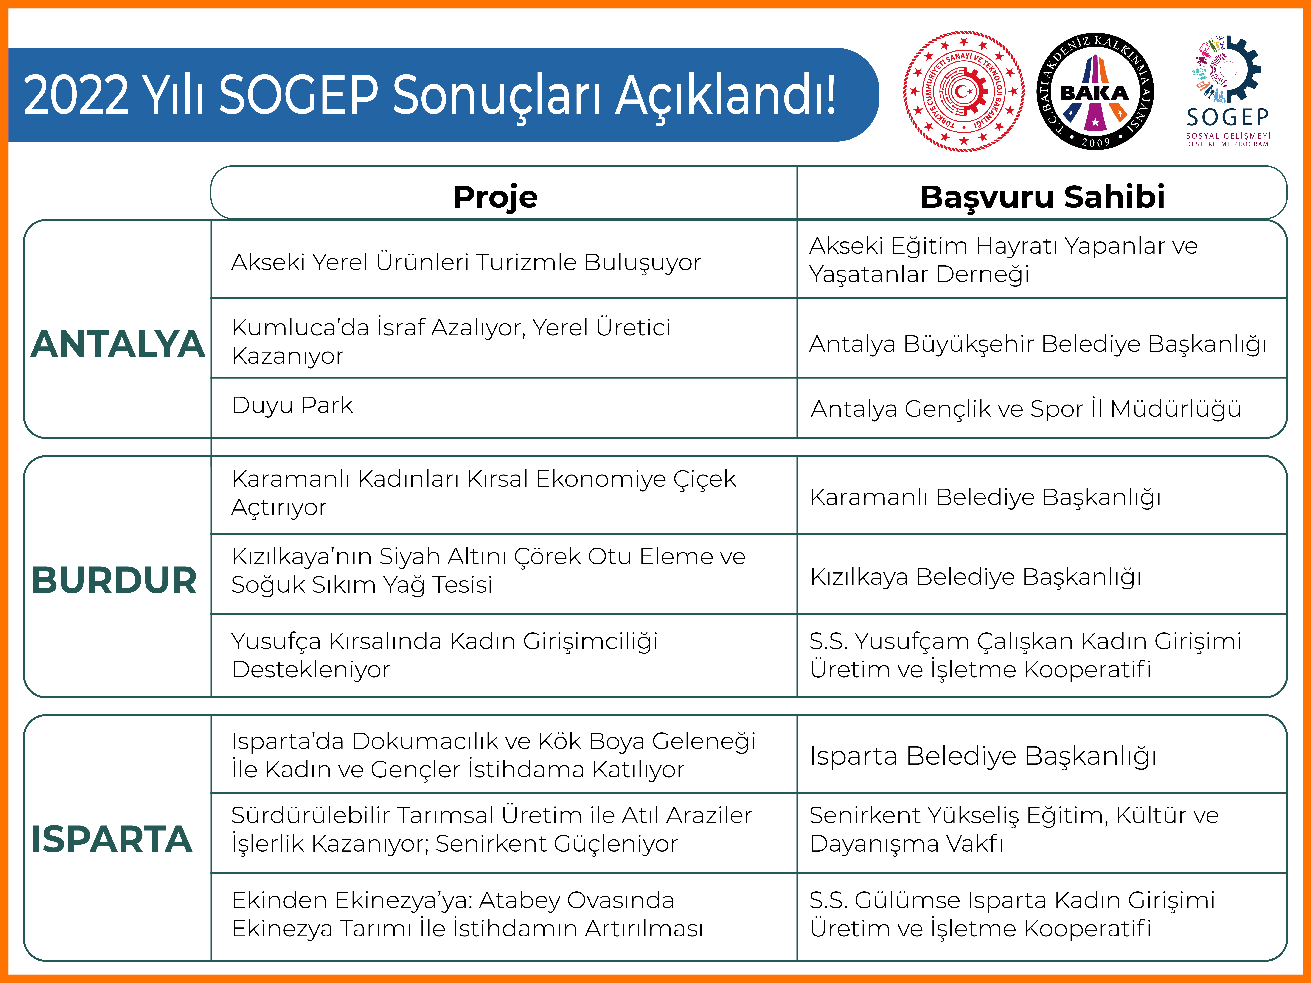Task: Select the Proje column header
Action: (495, 197)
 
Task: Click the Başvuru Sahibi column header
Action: (1042, 197)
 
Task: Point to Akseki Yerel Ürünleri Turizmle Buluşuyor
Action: (466, 263)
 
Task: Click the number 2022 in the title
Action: (76, 95)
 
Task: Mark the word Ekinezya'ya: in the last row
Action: (403, 900)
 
